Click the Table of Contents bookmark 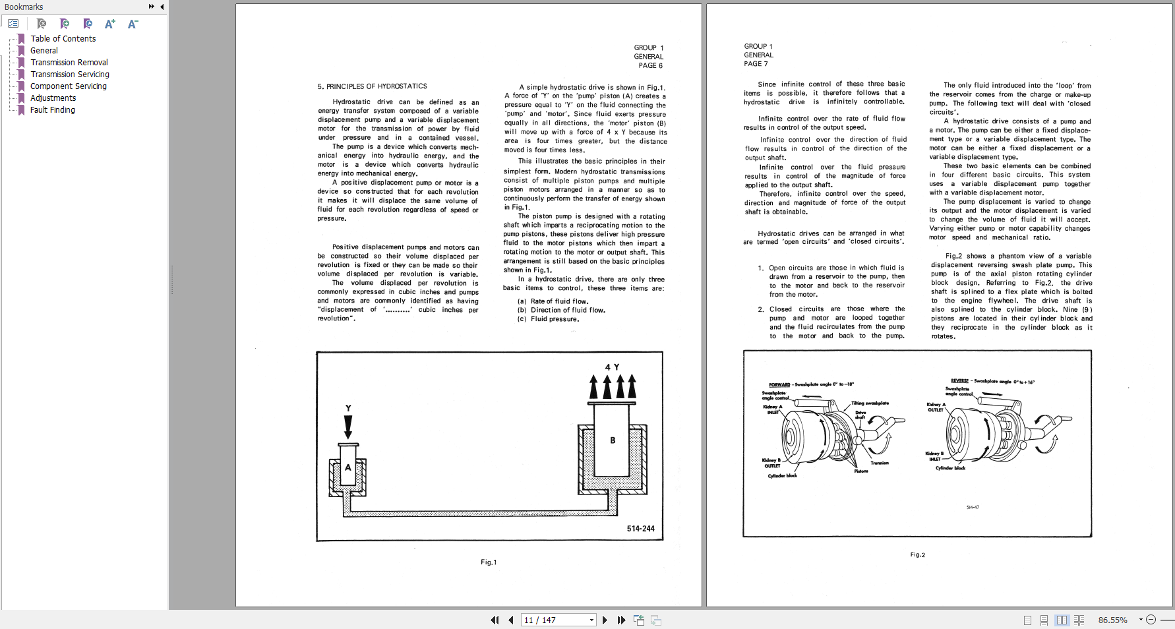click(x=63, y=39)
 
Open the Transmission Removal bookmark click(x=69, y=63)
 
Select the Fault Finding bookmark click(x=52, y=110)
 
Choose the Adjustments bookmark click(x=53, y=98)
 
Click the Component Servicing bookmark click(x=68, y=86)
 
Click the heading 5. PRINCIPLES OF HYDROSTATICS click(x=372, y=86)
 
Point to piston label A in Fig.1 click(x=348, y=467)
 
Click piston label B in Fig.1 click(x=613, y=440)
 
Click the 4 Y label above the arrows click(x=612, y=367)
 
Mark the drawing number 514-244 click(x=640, y=529)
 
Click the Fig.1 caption click(x=489, y=562)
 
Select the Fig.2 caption click(x=917, y=555)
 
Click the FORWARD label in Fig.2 click(x=779, y=385)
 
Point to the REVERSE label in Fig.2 click(x=959, y=381)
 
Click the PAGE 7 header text click(x=756, y=64)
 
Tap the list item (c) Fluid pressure click(x=548, y=319)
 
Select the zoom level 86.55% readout click(x=1112, y=620)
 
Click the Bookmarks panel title click(x=24, y=7)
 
